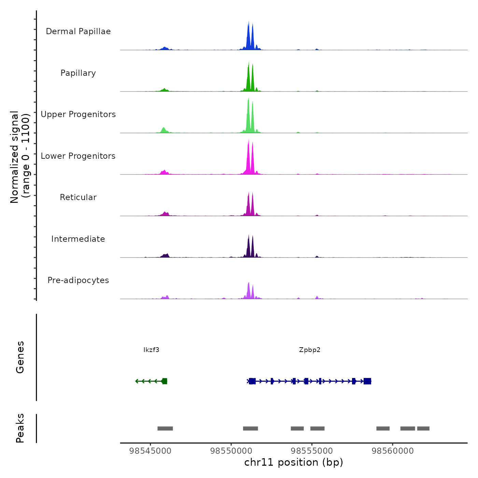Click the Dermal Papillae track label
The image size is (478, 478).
coord(78,31)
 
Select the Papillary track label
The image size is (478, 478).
coord(78,73)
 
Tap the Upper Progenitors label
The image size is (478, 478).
coord(78,114)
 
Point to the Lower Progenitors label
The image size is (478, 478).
coord(78,156)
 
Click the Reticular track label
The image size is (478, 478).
coord(78,197)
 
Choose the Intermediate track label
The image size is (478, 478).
coord(78,239)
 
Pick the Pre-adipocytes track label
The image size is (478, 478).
coord(78,280)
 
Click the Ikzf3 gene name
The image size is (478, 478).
coord(151,350)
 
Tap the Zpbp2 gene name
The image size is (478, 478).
coord(310,350)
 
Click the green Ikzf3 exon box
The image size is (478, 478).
coord(165,381)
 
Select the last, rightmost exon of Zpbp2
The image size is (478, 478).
coord(367,381)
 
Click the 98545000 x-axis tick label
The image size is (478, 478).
coord(150,451)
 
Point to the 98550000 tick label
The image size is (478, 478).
coord(231,451)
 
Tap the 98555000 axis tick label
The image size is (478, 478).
coord(312,451)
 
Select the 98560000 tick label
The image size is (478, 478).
coord(393,451)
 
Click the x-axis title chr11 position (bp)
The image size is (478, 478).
coord(294,463)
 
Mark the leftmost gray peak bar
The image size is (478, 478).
coord(165,428)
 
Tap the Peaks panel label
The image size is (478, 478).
coord(20,428)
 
